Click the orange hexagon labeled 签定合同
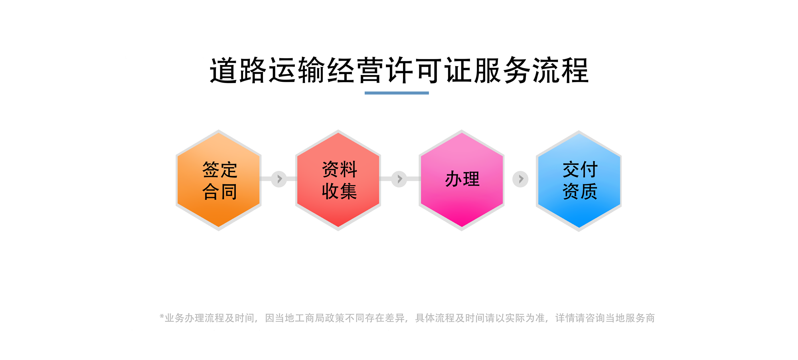(219, 180)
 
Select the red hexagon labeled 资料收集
(338, 180)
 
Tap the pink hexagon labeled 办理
(462, 180)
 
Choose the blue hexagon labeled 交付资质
(579, 181)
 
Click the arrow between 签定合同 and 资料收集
(279, 179)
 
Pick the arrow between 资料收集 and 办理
(399, 179)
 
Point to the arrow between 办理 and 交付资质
(520, 179)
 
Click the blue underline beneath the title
(397, 93)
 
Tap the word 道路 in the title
(238, 71)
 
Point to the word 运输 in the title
(297, 71)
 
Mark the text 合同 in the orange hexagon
(220, 192)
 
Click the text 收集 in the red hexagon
(340, 191)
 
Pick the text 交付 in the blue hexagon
(580, 170)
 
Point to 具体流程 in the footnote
(435, 318)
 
